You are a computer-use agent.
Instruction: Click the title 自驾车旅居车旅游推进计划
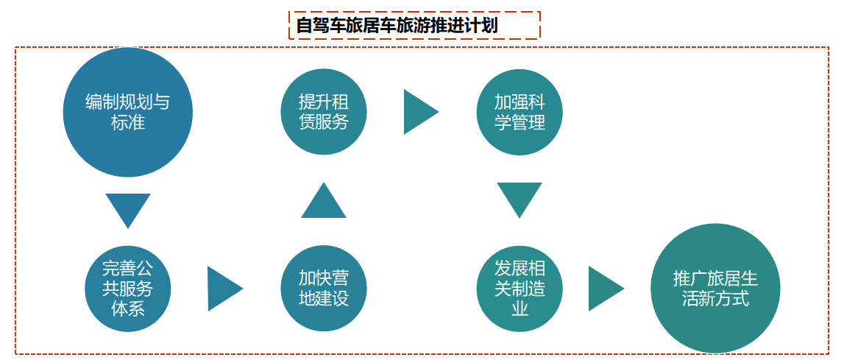point(414,26)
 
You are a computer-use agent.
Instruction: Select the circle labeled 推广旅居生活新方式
point(714,289)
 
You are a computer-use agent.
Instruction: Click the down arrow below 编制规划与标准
point(128,208)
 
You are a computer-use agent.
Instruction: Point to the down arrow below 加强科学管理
point(519,198)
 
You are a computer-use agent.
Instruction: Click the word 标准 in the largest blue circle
point(128,122)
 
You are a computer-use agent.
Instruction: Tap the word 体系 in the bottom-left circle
point(128,308)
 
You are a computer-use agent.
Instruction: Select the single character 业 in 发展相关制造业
point(519,308)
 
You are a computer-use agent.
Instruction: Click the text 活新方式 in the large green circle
point(714,299)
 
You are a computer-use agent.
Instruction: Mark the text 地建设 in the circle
point(323,299)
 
